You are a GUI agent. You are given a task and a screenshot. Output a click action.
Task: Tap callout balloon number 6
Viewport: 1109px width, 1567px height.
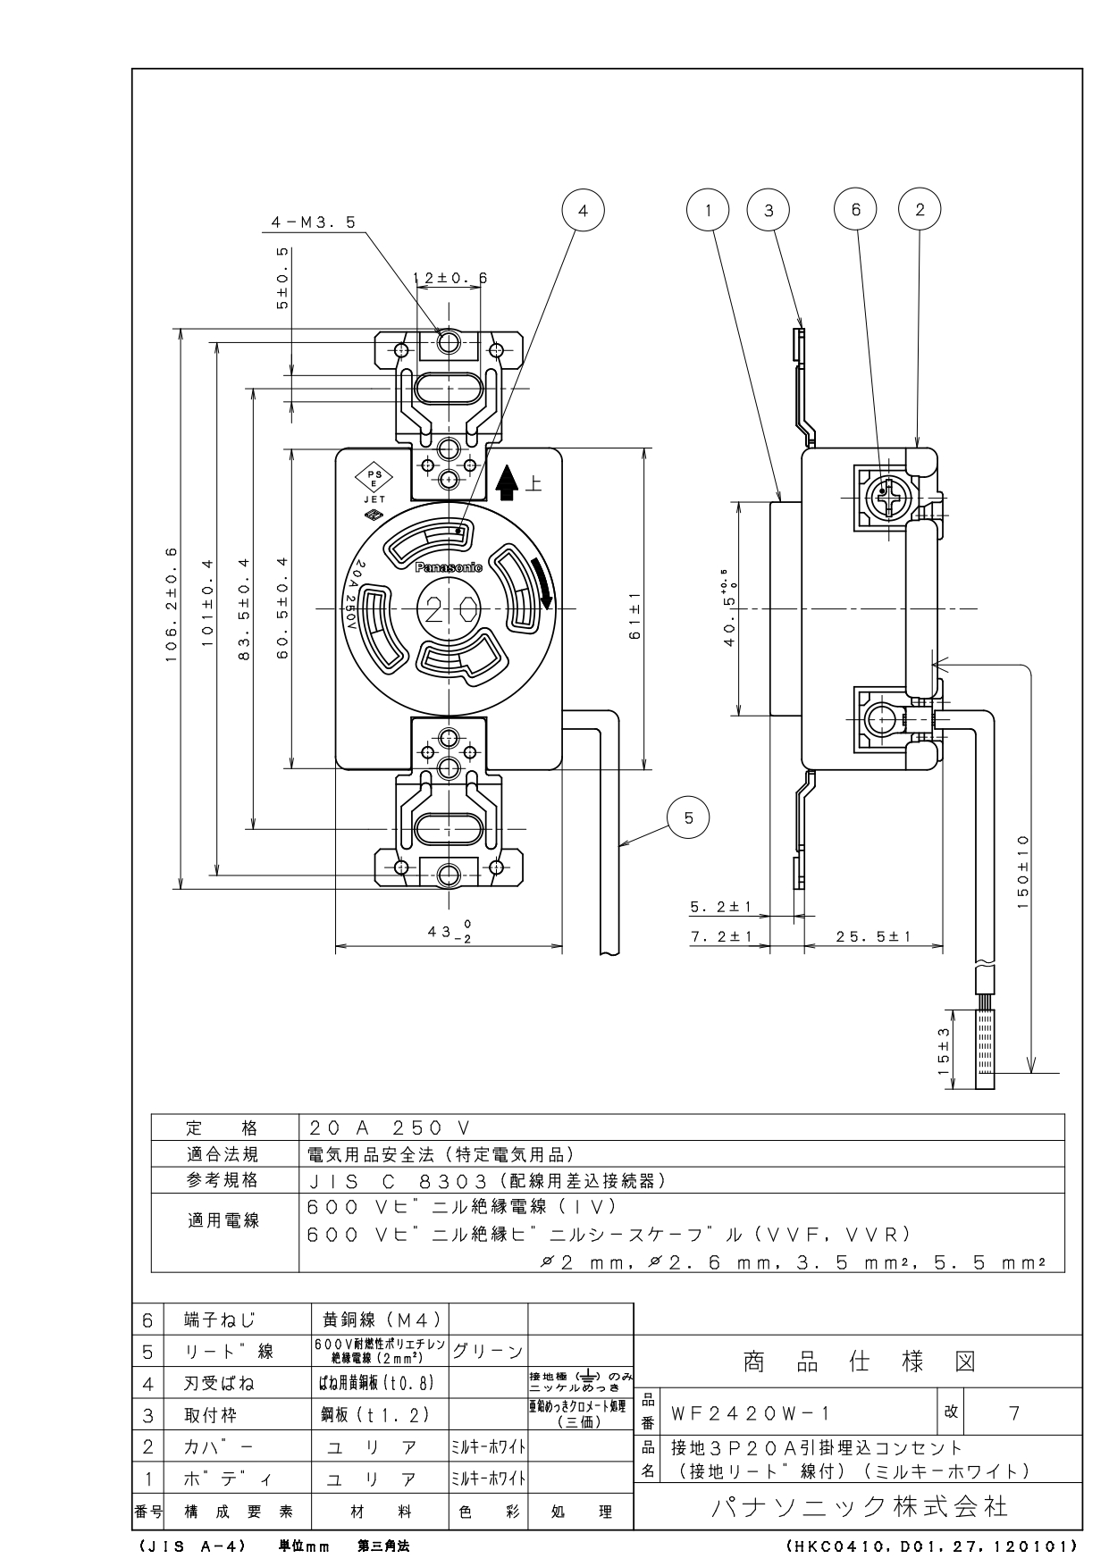tap(856, 210)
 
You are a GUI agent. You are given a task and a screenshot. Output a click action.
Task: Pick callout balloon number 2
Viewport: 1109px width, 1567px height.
tap(920, 210)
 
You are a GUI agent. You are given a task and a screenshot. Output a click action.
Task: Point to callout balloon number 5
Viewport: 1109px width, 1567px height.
tap(688, 817)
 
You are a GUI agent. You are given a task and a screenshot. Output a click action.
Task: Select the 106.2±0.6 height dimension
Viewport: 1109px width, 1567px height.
tap(171, 608)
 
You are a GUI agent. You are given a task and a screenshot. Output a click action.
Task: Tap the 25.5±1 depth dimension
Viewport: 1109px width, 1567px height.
tap(873, 936)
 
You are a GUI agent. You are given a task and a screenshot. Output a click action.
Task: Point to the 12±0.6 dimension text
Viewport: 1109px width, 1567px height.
tap(450, 278)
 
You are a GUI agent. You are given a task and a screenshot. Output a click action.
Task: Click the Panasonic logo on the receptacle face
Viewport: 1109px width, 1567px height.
tap(449, 567)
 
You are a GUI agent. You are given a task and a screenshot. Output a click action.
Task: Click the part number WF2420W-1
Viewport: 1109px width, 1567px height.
tap(752, 1413)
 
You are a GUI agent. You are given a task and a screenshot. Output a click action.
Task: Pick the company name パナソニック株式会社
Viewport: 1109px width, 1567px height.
tap(858, 1506)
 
